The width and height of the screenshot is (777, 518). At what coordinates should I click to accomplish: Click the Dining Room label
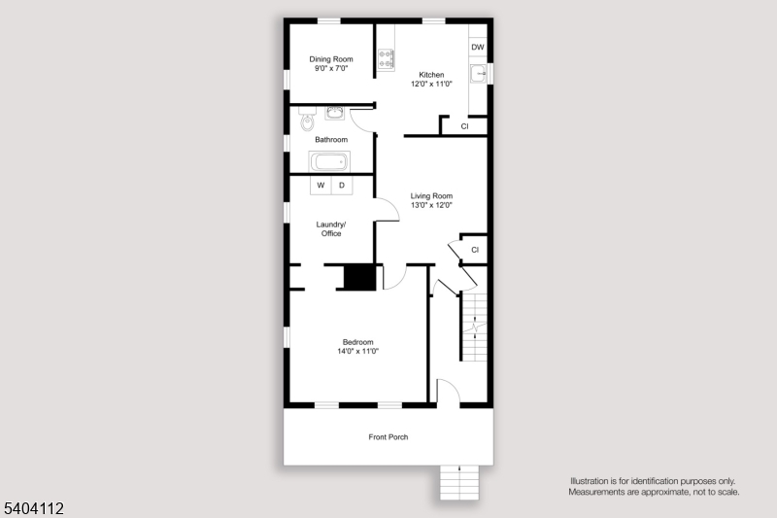(331, 59)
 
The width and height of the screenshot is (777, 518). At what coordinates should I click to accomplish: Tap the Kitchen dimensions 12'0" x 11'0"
(431, 85)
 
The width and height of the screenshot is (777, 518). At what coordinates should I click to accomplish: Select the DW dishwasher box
(477, 48)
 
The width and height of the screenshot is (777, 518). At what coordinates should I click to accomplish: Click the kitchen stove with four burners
(386, 59)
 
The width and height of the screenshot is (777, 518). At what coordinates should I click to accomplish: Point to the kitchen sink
(478, 74)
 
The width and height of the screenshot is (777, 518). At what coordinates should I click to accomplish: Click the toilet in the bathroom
(307, 122)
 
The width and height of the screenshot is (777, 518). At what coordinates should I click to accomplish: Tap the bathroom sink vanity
(335, 113)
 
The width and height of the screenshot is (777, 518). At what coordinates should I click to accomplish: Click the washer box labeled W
(321, 185)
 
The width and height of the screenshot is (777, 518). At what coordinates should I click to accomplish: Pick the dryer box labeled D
(341, 185)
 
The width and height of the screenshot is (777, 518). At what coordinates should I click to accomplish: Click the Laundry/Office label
(331, 228)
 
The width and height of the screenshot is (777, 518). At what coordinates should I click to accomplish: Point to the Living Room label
(431, 195)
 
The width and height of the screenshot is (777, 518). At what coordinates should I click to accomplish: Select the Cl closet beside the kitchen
(464, 126)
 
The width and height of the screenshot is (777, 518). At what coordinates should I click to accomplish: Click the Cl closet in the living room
(474, 250)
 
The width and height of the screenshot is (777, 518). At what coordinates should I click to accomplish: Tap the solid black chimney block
(360, 277)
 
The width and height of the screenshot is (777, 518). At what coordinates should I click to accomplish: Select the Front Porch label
(388, 437)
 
